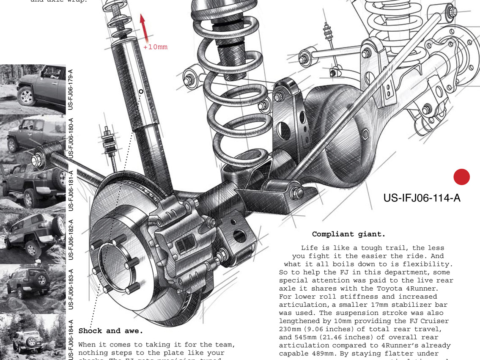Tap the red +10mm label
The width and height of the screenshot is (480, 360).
coord(155,47)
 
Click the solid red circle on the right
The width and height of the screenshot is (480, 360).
coord(461,177)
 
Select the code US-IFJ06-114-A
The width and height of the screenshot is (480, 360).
coord(422,198)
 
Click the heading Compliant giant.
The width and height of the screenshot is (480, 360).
coord(348,234)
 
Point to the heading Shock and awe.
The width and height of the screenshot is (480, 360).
coord(111,331)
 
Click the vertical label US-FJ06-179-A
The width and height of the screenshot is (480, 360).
coord(71,88)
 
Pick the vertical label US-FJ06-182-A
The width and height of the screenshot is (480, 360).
coord(71,239)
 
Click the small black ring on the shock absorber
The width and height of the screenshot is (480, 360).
coord(141,91)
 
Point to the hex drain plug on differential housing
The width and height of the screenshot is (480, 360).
coord(366,135)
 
